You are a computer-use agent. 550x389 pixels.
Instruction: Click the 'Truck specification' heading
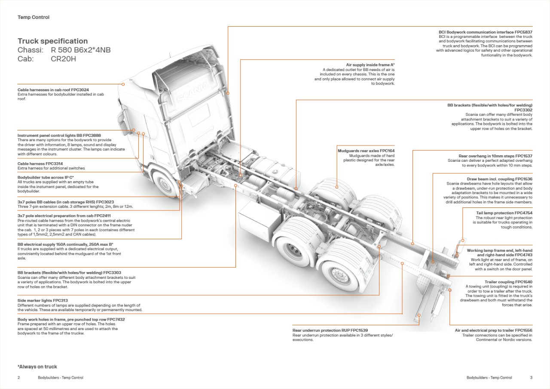point(52,41)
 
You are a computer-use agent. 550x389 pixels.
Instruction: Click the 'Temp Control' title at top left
point(34,18)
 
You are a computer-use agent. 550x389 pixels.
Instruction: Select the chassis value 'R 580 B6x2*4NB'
point(80,50)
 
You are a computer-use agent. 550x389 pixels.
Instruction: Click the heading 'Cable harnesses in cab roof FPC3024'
point(53,90)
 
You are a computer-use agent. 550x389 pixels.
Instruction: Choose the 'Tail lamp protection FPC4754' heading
point(504,213)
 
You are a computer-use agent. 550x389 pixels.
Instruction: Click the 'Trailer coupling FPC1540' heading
point(508,282)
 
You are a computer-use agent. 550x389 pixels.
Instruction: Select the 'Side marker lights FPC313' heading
point(43,300)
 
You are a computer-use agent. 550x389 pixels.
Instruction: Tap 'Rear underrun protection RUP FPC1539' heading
point(330,330)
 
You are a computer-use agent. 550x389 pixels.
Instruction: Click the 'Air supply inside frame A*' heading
point(370,65)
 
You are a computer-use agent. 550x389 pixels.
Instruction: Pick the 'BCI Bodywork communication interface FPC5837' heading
point(486,32)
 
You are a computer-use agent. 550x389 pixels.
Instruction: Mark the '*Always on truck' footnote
point(37,367)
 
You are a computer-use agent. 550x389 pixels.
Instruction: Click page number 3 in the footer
point(531,378)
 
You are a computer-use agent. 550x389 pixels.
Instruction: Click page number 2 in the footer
point(19,378)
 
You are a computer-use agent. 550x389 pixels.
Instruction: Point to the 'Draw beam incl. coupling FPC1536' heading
point(500,179)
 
